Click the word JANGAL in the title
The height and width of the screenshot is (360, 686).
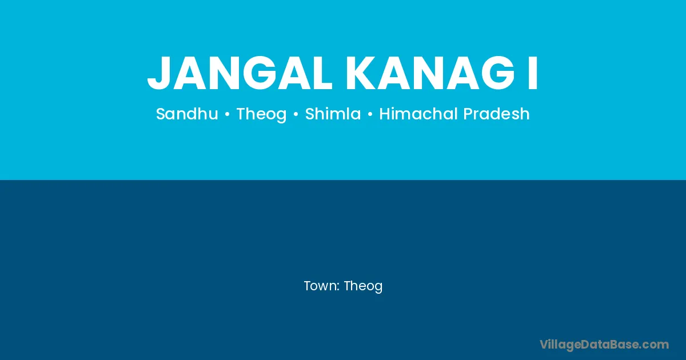point(240,73)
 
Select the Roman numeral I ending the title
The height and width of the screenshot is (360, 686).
point(533,73)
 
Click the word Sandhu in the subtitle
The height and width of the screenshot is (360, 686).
point(187,114)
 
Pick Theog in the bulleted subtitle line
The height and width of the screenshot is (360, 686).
point(262,114)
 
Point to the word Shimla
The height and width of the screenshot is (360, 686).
point(333,114)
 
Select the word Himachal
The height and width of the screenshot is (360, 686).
point(419,114)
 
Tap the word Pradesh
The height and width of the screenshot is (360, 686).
point(496,114)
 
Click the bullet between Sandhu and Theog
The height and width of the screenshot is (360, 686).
point(228,114)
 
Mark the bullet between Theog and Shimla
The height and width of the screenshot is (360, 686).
point(296,114)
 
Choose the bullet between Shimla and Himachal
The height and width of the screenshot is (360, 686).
point(370,114)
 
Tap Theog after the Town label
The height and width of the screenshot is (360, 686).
point(363,286)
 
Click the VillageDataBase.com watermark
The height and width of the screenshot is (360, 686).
point(604,345)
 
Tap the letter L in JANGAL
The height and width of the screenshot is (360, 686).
point(321,73)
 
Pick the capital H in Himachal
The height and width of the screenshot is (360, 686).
point(385,114)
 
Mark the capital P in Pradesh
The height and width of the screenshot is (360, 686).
point(468,114)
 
